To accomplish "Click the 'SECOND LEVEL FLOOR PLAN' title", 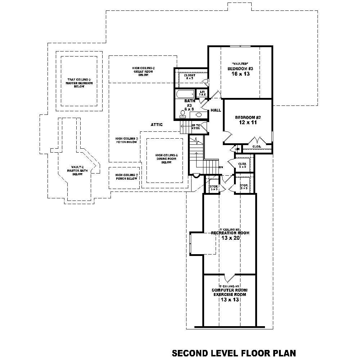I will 234,352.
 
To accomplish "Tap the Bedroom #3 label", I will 240,68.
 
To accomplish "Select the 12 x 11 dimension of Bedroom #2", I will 248,123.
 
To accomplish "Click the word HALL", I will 216,110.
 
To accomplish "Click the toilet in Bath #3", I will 183,114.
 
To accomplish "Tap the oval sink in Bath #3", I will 198,115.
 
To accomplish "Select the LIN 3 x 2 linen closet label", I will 202,93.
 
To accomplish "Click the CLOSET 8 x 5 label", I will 190,77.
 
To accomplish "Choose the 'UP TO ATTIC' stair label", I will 196,126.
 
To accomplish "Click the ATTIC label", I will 157,125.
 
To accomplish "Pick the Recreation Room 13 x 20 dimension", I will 230,238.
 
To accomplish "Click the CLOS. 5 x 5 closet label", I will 242,165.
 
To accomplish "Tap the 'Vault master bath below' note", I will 77,170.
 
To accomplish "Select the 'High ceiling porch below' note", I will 126,177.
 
